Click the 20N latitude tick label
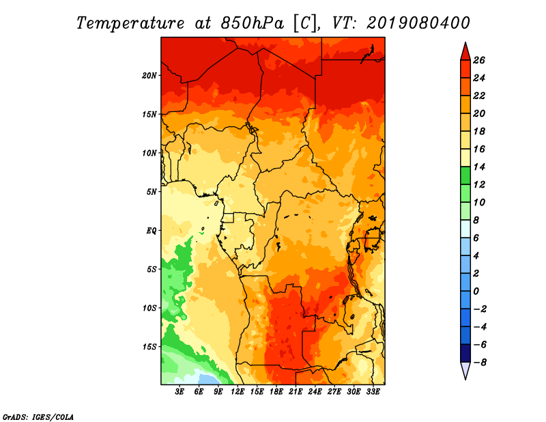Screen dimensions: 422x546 click(x=149, y=75)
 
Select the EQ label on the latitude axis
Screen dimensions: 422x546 click(x=152, y=230)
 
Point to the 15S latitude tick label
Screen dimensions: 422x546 click(x=149, y=346)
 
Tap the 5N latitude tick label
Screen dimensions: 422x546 click(x=152, y=191)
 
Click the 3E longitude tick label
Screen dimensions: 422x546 click(x=180, y=392)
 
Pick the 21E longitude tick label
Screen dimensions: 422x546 click(x=296, y=392)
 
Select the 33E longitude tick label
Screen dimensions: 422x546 click(x=373, y=392)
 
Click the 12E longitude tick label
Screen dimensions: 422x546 click(x=238, y=392)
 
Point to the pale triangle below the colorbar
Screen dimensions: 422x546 click(x=464, y=371)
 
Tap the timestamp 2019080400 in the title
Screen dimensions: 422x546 click(x=418, y=22)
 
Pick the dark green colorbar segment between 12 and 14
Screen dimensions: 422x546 click(x=464, y=175)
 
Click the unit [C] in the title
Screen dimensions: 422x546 click(x=305, y=22)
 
